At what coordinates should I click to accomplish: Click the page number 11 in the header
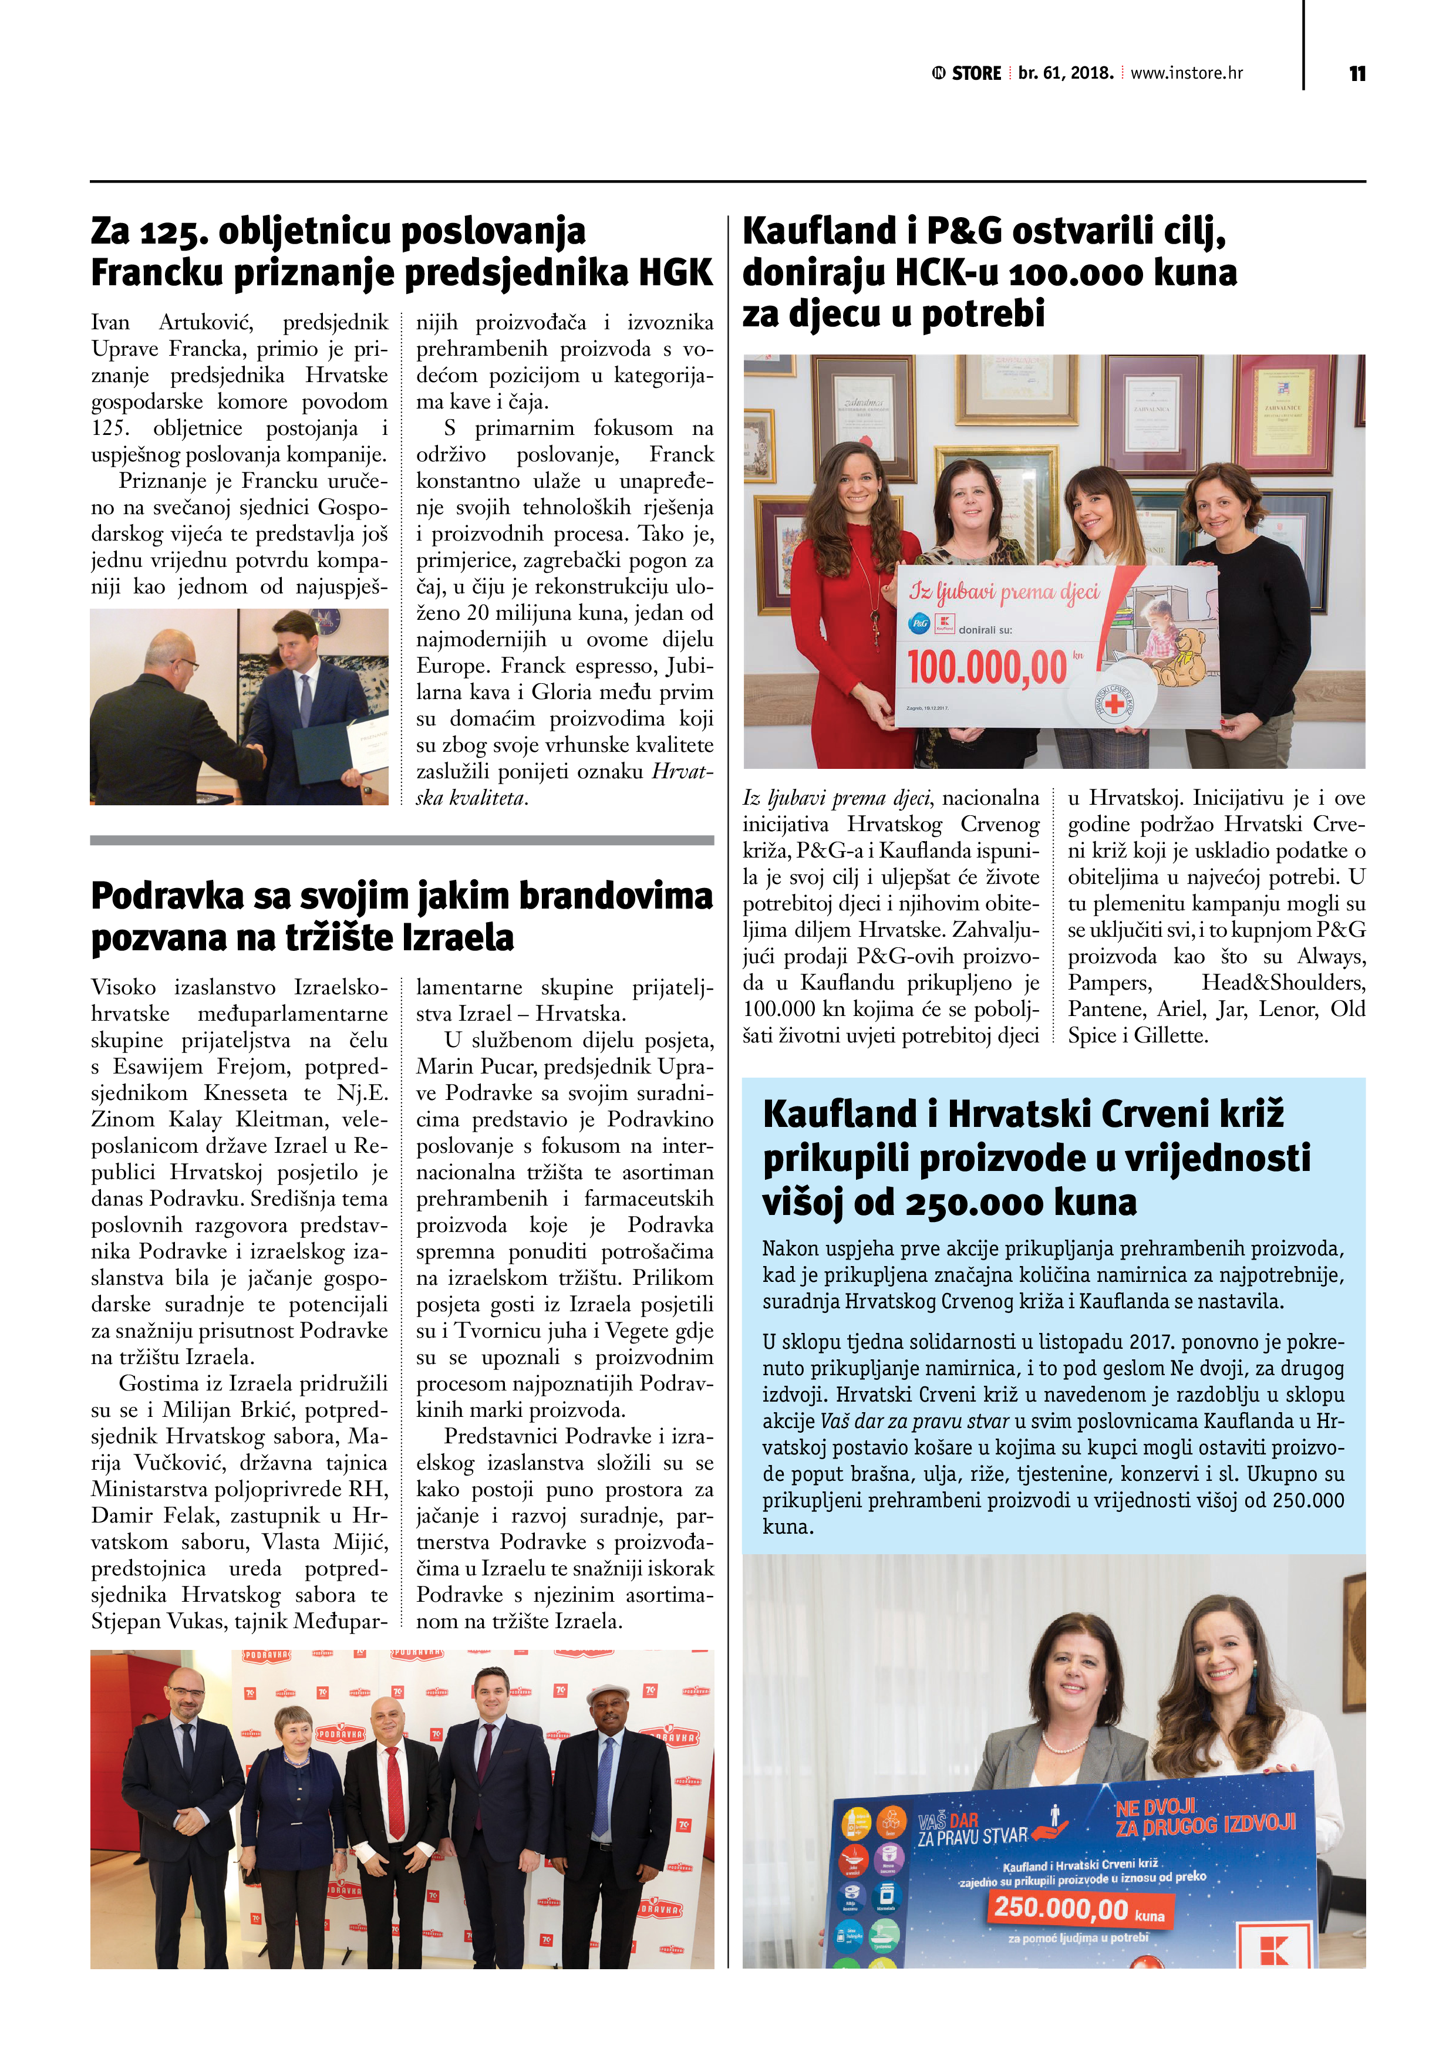pos(1356,73)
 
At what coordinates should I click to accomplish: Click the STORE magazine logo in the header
pos(966,73)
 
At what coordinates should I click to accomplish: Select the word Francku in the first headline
pos(157,272)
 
